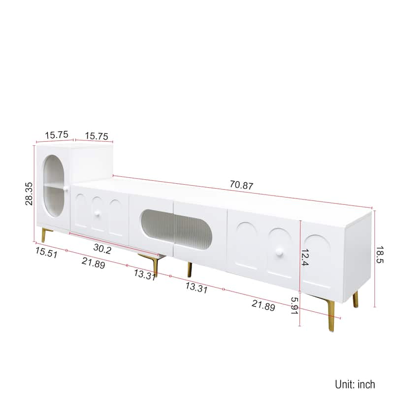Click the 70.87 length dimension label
click(x=241, y=186)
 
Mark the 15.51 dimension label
click(x=45, y=252)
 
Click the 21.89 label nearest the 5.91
click(x=263, y=305)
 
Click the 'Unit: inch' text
click(x=355, y=384)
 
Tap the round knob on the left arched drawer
click(x=98, y=213)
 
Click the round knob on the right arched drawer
click(x=280, y=253)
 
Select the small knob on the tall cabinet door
click(x=63, y=189)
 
